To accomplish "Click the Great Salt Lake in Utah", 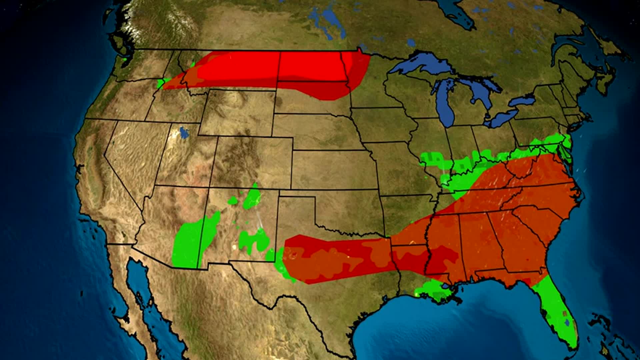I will click(x=183, y=132).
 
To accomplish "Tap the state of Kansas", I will click(x=333, y=170).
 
